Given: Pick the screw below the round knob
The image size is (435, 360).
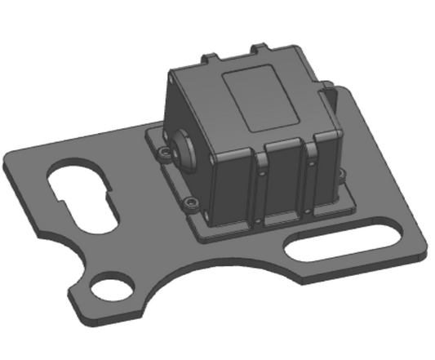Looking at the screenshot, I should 191,201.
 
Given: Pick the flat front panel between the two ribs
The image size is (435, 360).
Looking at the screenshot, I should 286,183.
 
